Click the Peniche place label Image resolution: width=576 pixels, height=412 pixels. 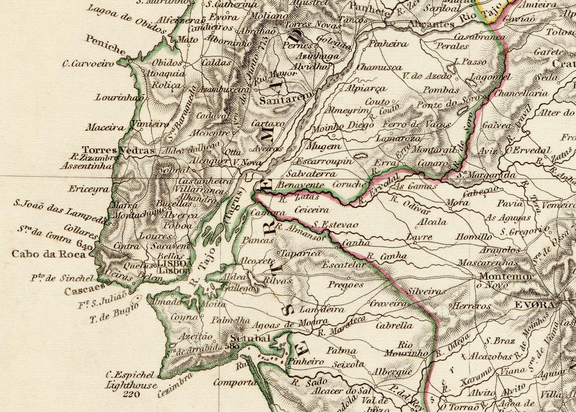(x=106, y=45)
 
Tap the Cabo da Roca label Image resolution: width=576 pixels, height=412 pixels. (x=49, y=254)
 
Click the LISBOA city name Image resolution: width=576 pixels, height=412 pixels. (x=175, y=263)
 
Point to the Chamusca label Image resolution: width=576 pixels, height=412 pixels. (x=379, y=67)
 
